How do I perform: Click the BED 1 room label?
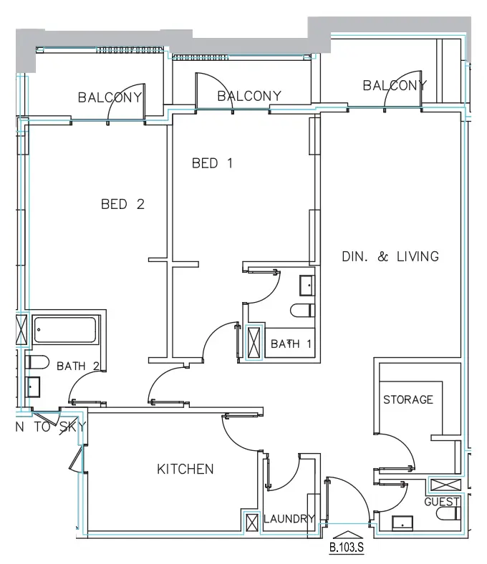(x=213, y=163)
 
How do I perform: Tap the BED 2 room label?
(x=122, y=204)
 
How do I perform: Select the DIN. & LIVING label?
(x=389, y=256)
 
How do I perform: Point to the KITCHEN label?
(x=185, y=470)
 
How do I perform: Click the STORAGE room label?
(x=408, y=399)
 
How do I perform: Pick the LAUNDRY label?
(x=289, y=519)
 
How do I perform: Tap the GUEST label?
(x=442, y=502)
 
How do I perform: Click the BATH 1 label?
(x=291, y=344)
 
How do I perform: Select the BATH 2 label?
(x=77, y=366)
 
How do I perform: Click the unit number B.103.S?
(x=347, y=550)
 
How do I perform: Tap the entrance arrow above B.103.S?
(x=347, y=534)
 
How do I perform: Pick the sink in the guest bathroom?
(x=404, y=522)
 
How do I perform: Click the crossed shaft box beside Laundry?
(x=251, y=522)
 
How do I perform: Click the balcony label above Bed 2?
(x=111, y=97)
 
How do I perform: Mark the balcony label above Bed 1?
(x=249, y=96)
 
